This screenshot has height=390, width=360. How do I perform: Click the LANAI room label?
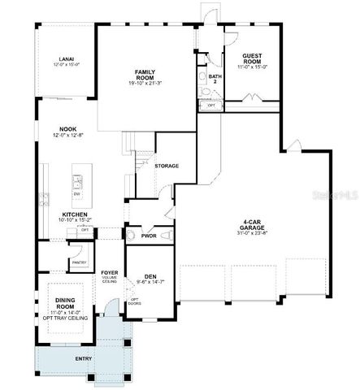pyautogui.click(x=66, y=59)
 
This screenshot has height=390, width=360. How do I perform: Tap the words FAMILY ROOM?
pyautogui.click(x=145, y=75)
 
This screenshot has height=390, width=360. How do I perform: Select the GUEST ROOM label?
pyautogui.click(x=251, y=59)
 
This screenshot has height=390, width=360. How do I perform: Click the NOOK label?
pyautogui.click(x=67, y=128)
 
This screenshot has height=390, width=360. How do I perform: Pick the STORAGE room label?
pyautogui.click(x=167, y=166)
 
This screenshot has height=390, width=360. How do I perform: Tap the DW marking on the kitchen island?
pyautogui.click(x=77, y=193)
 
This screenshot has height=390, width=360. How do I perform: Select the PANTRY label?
pyautogui.click(x=78, y=262)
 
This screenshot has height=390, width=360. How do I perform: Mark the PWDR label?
pyautogui.click(x=149, y=236)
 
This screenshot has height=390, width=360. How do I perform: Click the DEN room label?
pyautogui.click(x=150, y=275)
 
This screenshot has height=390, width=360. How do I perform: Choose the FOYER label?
pyautogui.click(x=109, y=271)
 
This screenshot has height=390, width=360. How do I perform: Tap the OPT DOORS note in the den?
pyautogui.click(x=136, y=303)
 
